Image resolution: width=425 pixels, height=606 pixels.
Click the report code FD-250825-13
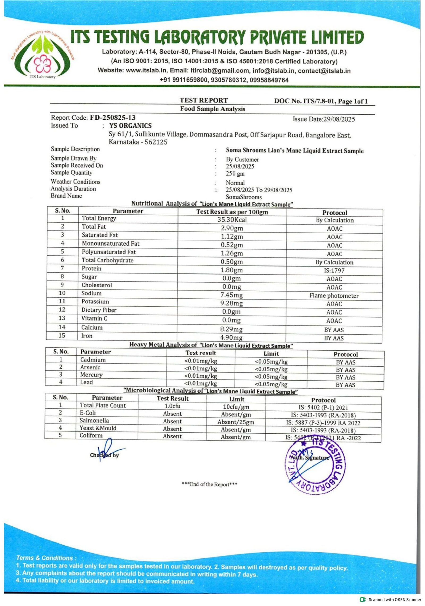point(113,118)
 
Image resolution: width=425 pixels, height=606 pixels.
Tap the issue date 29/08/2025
point(339,119)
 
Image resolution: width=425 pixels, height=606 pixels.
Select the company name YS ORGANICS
point(130,126)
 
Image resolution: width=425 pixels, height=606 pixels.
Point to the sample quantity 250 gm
point(235,174)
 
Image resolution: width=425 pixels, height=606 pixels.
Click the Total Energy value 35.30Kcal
point(232,220)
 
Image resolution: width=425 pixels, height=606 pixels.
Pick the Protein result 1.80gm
point(232,270)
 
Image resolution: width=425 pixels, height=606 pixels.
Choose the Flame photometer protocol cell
point(334,296)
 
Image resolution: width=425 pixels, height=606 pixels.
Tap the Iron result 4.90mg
point(231,338)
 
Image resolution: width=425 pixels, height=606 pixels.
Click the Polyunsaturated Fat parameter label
point(109,252)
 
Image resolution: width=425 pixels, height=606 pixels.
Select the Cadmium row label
point(93,360)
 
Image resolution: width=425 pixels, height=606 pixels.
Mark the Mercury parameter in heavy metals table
point(91,375)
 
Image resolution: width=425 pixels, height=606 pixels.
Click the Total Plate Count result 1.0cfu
point(172,406)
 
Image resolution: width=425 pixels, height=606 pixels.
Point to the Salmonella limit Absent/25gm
point(236,422)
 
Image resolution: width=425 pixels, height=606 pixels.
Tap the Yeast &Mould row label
point(98,428)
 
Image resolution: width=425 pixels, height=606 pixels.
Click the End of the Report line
point(209,484)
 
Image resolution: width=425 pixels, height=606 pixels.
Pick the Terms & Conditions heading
point(46,558)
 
